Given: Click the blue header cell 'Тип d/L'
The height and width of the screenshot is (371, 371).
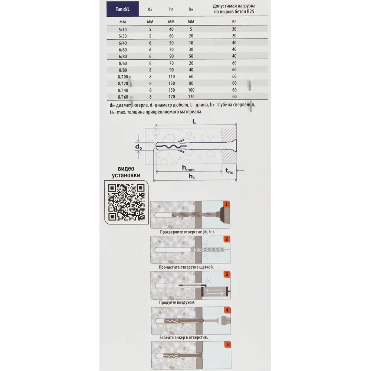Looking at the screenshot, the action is [122, 9].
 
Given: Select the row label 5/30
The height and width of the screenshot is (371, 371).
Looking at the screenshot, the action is [122, 30].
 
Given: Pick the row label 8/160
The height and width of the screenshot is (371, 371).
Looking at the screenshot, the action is [123, 97].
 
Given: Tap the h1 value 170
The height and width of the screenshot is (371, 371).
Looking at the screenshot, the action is [171, 97].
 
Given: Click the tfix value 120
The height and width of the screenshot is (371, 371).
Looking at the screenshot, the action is [191, 96].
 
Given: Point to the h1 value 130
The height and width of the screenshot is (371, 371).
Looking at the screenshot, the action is [171, 83].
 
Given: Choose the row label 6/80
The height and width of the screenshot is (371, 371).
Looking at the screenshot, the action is [122, 56].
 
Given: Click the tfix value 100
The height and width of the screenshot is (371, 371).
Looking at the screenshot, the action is [191, 90].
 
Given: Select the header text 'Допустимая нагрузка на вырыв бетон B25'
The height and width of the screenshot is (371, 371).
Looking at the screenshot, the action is [234, 9].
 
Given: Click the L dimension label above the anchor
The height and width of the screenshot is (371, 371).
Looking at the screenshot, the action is [194, 121].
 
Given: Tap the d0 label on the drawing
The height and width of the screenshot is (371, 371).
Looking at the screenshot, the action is [138, 147].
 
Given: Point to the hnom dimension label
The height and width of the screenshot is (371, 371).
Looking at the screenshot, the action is [188, 168].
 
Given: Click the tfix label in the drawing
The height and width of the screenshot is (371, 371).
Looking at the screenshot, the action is [229, 171].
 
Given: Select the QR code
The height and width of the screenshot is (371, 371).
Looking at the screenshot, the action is [127, 202].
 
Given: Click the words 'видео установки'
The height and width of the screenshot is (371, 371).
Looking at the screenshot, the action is [126, 172].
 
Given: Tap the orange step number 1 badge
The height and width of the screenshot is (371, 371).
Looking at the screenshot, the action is [226, 204].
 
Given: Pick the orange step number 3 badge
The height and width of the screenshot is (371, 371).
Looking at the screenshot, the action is [227, 274].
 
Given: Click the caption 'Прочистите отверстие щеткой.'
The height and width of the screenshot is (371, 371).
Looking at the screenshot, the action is [186, 267].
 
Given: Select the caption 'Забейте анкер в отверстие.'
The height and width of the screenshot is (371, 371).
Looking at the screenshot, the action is [183, 337].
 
